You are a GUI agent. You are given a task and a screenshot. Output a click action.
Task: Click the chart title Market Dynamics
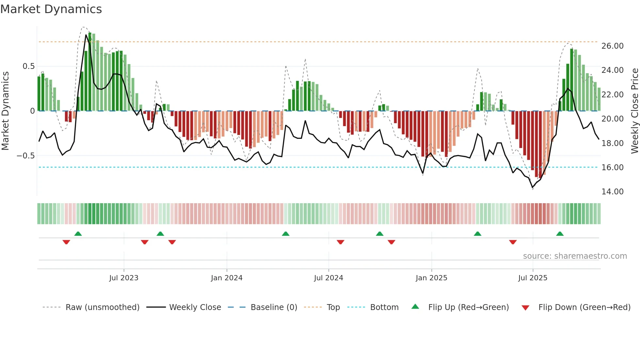point(51,9)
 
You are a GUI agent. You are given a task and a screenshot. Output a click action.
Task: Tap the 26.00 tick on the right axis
point(612,46)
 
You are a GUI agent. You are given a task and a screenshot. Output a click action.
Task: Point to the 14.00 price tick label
point(612,192)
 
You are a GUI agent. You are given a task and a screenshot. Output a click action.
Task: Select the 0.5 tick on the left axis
point(28,66)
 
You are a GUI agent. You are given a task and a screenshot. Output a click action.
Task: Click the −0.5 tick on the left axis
point(25,156)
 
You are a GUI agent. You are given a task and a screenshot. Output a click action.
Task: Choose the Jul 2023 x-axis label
point(124,278)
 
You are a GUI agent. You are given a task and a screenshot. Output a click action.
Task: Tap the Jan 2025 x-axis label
point(431,278)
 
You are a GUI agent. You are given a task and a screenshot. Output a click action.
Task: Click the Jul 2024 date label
point(328,278)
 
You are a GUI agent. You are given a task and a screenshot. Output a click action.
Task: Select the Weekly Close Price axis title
point(634,111)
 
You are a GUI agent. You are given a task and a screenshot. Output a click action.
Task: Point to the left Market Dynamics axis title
point(5,111)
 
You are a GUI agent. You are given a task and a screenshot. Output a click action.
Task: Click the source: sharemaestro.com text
point(575,256)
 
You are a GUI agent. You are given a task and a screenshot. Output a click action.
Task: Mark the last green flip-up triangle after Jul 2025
point(560,234)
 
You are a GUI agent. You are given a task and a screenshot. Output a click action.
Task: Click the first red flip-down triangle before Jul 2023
point(66,242)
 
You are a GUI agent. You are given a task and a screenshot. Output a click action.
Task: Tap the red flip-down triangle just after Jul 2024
point(340,242)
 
